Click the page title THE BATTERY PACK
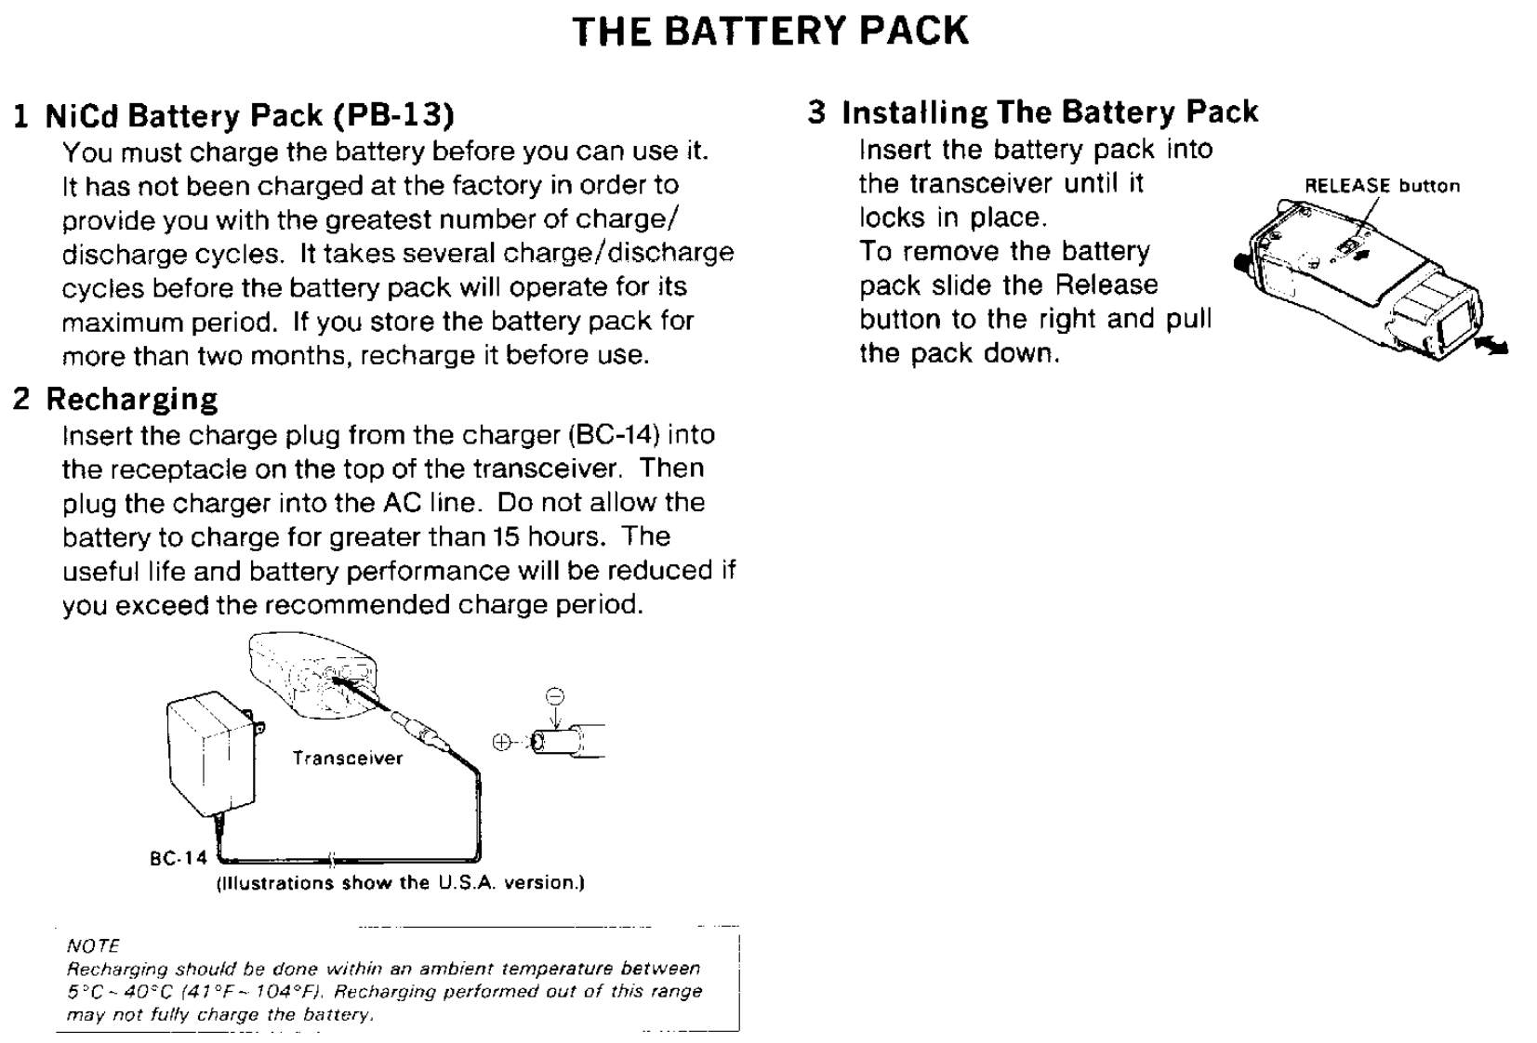(x=770, y=31)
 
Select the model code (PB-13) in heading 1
(x=393, y=115)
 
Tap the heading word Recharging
(x=132, y=399)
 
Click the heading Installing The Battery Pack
(x=1049, y=112)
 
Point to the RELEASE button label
(x=1382, y=186)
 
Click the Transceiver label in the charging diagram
(x=348, y=759)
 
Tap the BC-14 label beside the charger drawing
(x=178, y=858)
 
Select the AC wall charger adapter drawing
(x=212, y=754)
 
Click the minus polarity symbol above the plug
(x=554, y=695)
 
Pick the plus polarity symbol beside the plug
(x=501, y=742)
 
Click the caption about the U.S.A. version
(x=401, y=883)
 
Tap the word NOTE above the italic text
(x=93, y=946)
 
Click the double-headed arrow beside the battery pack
(x=1491, y=346)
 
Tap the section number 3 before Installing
(x=816, y=112)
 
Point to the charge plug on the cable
(x=421, y=731)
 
